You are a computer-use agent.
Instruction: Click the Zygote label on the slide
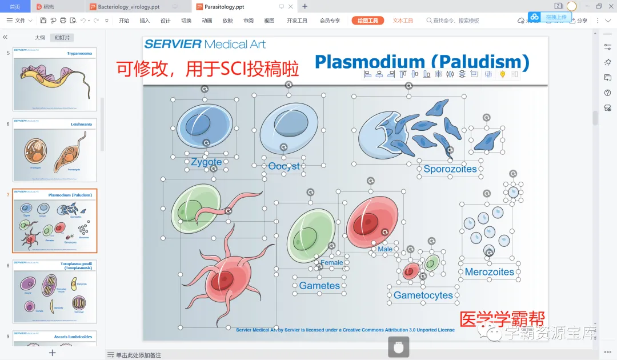(x=206, y=162)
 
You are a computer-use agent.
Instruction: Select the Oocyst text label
(x=284, y=166)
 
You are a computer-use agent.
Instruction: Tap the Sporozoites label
(x=450, y=169)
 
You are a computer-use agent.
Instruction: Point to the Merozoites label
(x=490, y=272)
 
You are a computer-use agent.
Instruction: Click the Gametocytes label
(x=423, y=295)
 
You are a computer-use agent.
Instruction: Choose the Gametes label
(x=319, y=286)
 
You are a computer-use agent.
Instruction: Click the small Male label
(x=385, y=249)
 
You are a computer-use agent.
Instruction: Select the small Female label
(x=331, y=263)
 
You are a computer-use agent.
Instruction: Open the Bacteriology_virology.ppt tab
(x=129, y=6)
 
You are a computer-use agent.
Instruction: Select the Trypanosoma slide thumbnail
(x=55, y=79)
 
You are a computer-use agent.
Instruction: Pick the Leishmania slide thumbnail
(x=55, y=150)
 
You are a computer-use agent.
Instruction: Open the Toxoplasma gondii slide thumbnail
(x=55, y=291)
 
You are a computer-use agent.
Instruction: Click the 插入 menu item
(x=145, y=21)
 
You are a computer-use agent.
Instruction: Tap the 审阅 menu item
(x=248, y=21)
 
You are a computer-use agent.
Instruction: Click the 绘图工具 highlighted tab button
(x=367, y=21)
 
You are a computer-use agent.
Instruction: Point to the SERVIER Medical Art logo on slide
(x=205, y=44)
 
